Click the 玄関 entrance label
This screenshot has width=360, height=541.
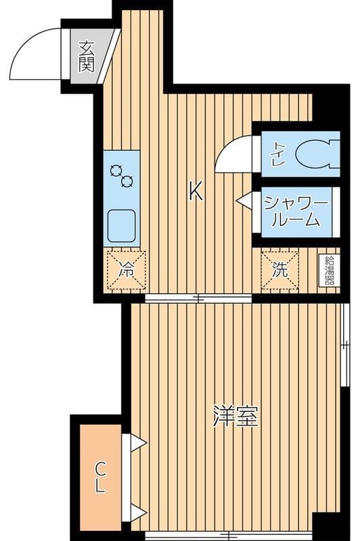86,56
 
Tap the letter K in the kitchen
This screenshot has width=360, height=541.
196,193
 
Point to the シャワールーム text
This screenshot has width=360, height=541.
296,211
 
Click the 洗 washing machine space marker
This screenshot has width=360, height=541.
279,268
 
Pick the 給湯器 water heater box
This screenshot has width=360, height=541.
330,270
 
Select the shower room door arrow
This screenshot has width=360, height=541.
244,200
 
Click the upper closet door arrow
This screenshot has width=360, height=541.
138,443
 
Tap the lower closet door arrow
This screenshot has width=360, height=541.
138,512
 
